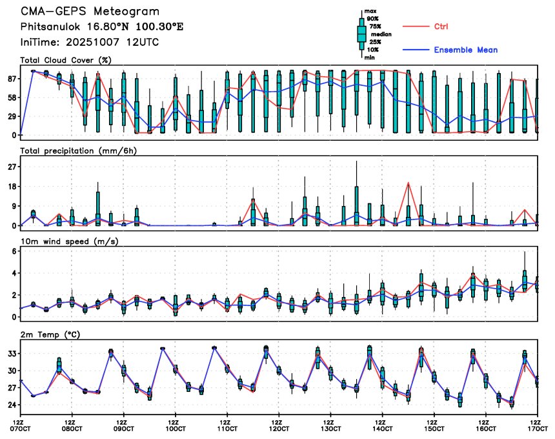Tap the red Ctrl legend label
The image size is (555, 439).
441,26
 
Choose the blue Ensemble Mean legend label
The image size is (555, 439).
465,50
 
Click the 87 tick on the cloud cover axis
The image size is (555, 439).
11,79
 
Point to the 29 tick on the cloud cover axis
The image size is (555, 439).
11,116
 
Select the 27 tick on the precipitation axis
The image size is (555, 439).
11,167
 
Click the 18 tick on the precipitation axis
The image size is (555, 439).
11,187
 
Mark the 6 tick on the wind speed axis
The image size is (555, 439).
14,250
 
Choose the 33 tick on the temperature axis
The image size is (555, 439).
11,354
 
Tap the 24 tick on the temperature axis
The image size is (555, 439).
11,405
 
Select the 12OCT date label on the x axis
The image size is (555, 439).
279,428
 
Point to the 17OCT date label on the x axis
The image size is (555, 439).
538,428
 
